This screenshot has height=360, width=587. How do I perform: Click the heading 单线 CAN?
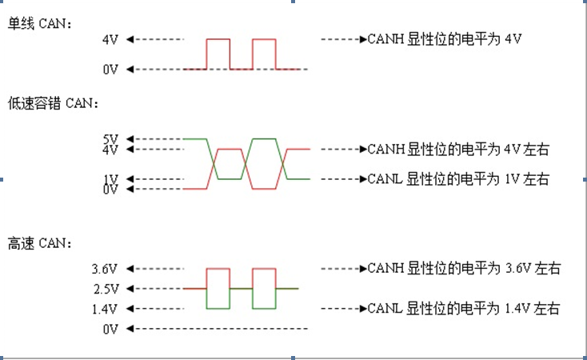pos(39,24)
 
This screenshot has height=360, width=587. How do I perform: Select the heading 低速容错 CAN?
pos(53,103)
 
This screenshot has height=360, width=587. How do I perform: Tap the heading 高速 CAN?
pos(39,242)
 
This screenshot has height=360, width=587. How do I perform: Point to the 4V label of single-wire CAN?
pos(110,39)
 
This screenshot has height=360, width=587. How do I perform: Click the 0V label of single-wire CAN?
pos(110,70)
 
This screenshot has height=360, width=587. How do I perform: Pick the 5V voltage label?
pos(110,138)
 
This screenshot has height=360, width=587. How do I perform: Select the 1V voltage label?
pos(110,178)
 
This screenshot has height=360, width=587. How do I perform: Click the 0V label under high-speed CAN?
pos(110,329)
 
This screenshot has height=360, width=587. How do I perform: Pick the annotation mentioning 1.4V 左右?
pos(463,309)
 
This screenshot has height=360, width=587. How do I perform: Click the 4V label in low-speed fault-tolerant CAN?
pos(110,149)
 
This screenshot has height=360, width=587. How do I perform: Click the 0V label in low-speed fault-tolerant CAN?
pos(110,190)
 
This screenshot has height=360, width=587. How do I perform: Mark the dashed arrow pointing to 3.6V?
pos(156,269)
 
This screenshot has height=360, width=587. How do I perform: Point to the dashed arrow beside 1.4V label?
pos(156,309)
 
